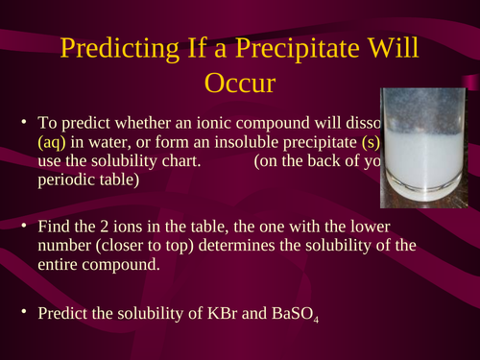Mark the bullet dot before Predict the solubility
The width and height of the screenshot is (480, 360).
(24, 313)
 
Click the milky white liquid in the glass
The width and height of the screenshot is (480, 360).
(422, 158)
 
